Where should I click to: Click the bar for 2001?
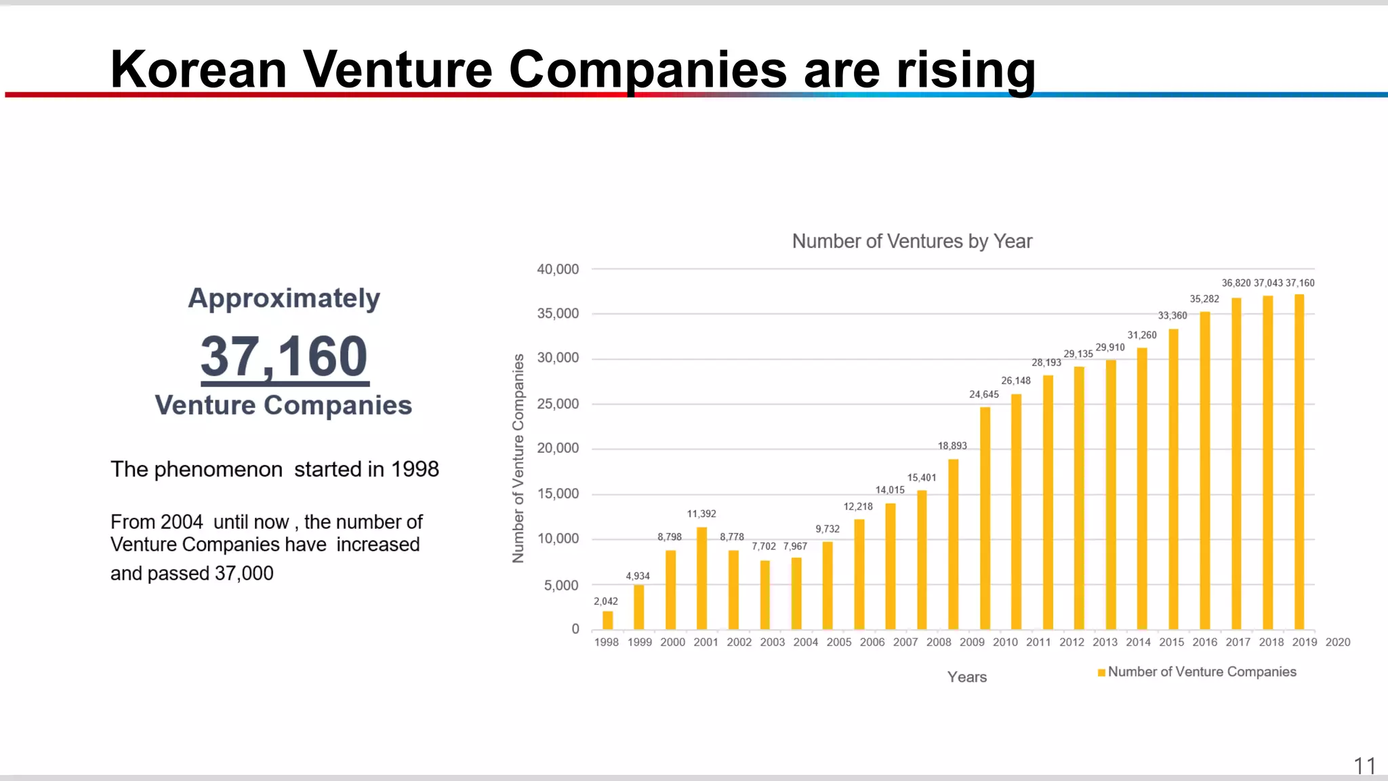tap(701, 578)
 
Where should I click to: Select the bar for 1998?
tap(607, 620)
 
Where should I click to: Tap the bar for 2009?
tap(985, 519)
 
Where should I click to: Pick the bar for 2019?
tap(1299, 462)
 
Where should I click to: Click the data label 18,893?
tap(952, 446)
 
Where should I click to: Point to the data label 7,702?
tap(764, 546)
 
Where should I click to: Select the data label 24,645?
tap(984, 395)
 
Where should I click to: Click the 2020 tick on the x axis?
tap(1337, 642)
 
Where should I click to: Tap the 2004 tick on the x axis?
tap(805, 642)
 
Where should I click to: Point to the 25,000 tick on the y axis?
tap(558, 404)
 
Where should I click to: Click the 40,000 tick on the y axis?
tap(558, 269)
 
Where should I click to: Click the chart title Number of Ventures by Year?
tap(912, 241)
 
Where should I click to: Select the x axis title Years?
tap(966, 677)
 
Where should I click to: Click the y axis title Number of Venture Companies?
tap(518, 458)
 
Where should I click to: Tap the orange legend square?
tap(1101, 673)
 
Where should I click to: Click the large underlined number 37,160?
tap(284, 357)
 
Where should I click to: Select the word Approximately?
tap(284, 298)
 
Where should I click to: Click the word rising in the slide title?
tap(966, 70)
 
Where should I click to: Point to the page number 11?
tap(1364, 766)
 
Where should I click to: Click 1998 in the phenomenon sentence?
tap(415, 469)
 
